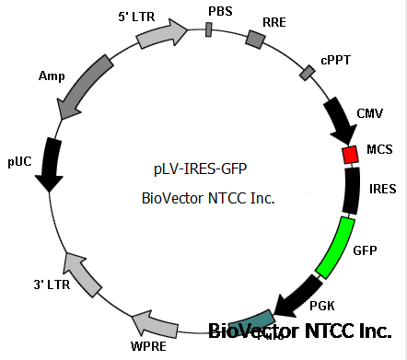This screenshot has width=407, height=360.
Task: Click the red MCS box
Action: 350,155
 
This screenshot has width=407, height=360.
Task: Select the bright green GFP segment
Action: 335,246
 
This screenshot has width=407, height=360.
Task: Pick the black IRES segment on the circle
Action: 352,191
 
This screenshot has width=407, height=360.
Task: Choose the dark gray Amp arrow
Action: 83,90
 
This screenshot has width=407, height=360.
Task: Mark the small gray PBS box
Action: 209,29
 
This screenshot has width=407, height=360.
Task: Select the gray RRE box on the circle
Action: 256,39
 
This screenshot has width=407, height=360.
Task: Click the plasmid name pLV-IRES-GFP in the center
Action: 201,168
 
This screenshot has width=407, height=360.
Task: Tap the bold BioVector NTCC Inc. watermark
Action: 306,331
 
